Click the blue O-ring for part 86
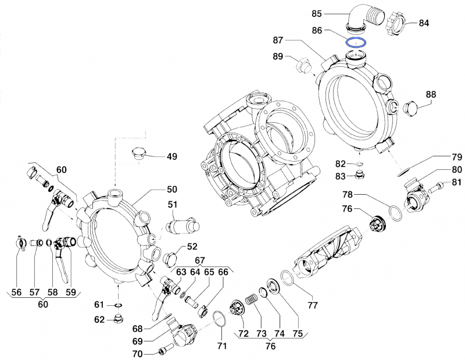pos(355,42)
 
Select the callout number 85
pos(333,12)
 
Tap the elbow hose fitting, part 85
pos(361,17)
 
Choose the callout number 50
pos(172,190)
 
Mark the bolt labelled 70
pos(163,352)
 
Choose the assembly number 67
pos(200,259)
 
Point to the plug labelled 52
pos(170,257)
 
